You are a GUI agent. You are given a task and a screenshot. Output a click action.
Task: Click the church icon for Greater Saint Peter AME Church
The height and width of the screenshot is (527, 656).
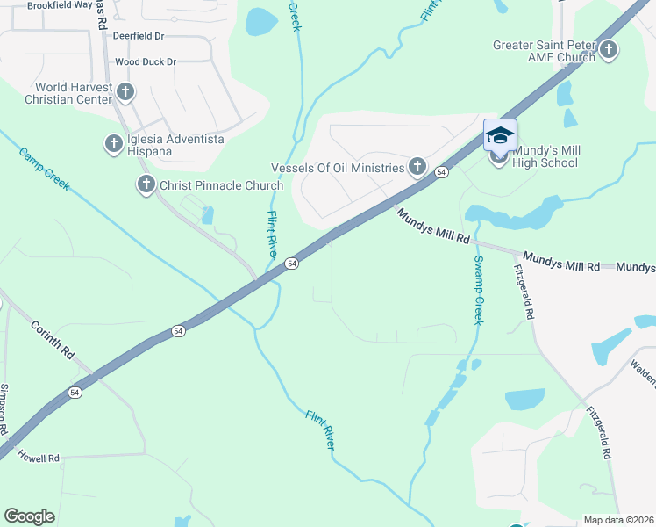[x=609, y=50]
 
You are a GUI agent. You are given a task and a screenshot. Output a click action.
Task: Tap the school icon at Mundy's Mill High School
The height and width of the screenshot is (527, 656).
[x=499, y=134]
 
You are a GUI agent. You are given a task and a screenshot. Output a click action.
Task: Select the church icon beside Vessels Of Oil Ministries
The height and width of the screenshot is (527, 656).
[x=417, y=166]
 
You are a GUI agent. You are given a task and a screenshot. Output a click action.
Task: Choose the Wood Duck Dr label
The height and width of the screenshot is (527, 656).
[x=146, y=62]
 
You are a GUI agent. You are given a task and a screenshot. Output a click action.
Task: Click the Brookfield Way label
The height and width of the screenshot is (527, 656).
[x=60, y=5]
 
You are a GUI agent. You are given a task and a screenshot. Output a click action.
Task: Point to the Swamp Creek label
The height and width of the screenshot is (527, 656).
[x=479, y=290]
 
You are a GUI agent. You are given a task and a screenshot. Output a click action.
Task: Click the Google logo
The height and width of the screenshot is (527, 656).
[x=29, y=516]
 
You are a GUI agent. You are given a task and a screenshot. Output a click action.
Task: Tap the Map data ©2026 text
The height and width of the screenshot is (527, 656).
[x=618, y=520]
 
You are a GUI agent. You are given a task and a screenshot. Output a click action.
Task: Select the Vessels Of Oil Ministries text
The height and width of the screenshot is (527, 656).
[x=338, y=167]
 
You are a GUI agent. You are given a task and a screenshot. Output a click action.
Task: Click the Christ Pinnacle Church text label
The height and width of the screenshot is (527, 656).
[x=221, y=185]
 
